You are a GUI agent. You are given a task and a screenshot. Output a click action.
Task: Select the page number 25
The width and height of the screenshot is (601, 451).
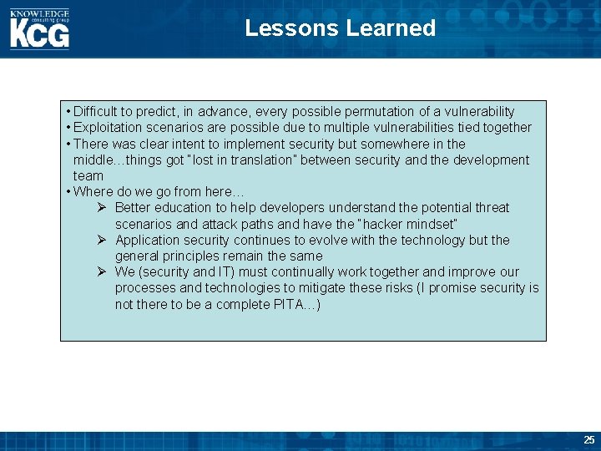589,440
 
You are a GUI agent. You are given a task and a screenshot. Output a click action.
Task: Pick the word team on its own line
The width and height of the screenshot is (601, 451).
88,176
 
